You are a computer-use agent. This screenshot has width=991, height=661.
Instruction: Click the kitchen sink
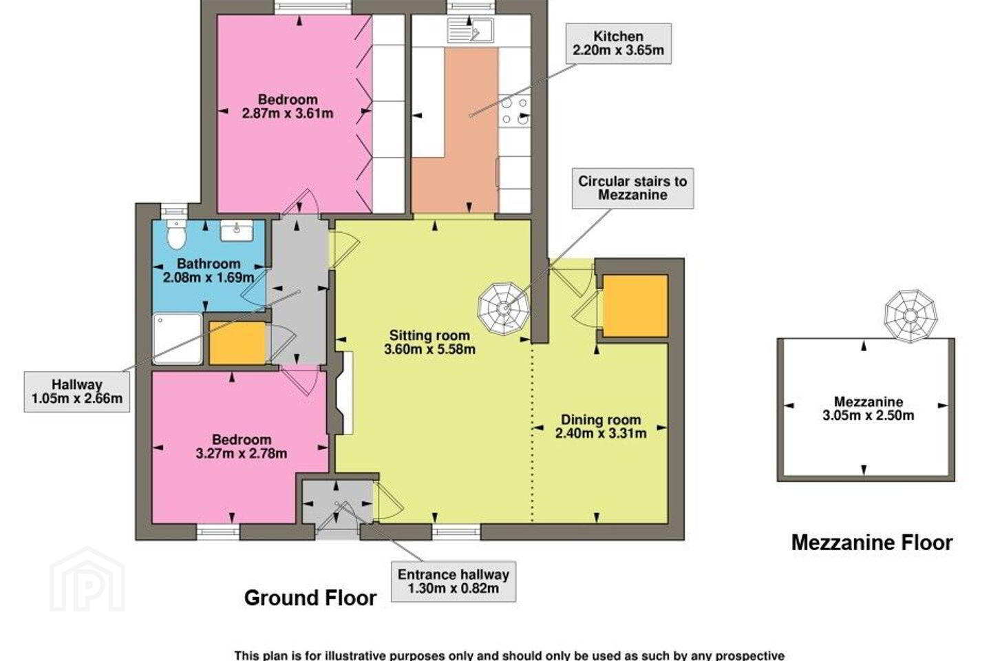470,30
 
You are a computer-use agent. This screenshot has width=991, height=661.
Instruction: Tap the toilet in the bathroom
176,235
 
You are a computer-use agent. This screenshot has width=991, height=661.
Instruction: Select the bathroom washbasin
237,231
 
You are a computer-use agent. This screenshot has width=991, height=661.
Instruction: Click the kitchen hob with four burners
514,111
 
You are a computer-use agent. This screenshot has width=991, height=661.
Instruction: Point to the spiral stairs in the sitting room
504,308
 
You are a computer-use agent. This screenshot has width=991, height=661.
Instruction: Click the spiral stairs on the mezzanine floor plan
910,315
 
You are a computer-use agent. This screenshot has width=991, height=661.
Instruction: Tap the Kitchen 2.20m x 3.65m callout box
619,43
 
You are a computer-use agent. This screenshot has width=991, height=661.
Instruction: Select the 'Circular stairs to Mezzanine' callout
632,188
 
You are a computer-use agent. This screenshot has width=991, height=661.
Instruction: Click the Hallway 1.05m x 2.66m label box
77,391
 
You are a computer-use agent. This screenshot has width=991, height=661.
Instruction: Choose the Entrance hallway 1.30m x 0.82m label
454,582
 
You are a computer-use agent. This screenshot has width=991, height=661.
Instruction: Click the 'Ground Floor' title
310,598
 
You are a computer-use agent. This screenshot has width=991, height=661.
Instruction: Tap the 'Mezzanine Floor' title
871,543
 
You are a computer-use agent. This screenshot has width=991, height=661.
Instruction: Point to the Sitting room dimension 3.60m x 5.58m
429,349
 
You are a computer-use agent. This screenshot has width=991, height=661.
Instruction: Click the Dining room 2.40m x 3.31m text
601,426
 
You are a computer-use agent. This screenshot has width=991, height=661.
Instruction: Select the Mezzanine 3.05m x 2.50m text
869,408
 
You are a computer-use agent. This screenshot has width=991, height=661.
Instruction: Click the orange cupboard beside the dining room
635,306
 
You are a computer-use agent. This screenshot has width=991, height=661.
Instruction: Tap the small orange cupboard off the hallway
237,343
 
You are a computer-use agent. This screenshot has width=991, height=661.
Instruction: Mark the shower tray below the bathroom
178,339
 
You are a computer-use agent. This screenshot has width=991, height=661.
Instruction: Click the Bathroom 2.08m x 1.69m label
209,271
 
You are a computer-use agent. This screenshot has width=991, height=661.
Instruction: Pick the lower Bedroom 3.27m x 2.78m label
241,446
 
